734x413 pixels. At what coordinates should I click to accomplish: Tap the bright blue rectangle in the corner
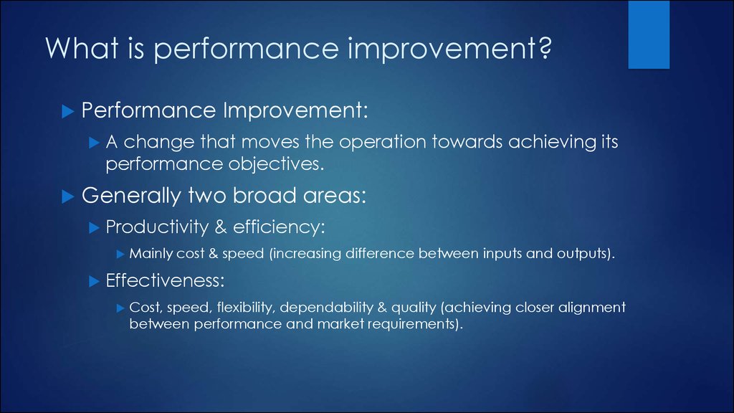649,34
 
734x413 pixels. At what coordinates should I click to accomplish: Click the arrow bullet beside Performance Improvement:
68,111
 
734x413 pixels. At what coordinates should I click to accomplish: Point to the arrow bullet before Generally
68,196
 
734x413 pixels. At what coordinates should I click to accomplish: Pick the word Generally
131,196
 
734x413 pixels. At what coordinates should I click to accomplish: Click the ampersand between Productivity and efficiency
221,227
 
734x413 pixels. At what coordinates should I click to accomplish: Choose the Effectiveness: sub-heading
166,280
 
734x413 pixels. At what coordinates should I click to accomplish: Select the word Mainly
147,254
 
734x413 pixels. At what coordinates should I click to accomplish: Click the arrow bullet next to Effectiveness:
94,281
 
